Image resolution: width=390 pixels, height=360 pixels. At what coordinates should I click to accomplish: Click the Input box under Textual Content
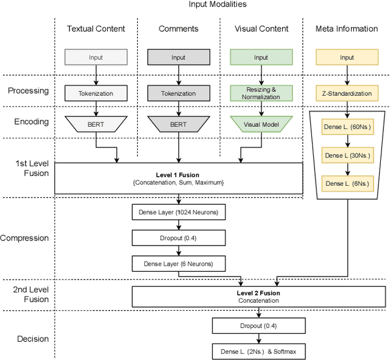tap(96, 57)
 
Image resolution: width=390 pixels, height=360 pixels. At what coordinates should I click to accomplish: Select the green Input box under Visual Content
tap(261, 57)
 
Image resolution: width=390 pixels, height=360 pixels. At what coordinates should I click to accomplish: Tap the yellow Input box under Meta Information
tap(347, 57)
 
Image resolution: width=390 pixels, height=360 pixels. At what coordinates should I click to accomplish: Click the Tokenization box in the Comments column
tap(179, 93)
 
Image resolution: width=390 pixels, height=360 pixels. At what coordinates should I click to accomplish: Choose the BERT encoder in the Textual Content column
tap(96, 124)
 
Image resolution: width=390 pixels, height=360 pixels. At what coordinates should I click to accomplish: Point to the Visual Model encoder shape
tap(261, 124)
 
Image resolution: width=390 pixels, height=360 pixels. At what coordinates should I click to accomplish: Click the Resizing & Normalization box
tap(261, 93)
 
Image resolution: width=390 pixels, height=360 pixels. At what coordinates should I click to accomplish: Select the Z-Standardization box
tap(347, 93)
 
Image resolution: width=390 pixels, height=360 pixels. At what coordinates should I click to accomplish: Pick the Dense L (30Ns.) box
tap(347, 155)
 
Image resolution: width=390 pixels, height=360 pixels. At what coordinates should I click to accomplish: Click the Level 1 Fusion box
tap(179, 178)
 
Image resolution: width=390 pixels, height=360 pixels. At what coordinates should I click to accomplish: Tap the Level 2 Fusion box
tap(258, 297)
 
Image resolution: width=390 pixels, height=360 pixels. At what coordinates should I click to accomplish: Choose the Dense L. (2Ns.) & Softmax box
tap(258, 351)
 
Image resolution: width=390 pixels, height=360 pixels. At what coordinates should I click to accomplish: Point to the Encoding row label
tap(32, 121)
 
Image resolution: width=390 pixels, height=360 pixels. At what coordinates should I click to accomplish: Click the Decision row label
tap(32, 339)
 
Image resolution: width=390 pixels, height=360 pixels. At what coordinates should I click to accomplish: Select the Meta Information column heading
tap(347, 29)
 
